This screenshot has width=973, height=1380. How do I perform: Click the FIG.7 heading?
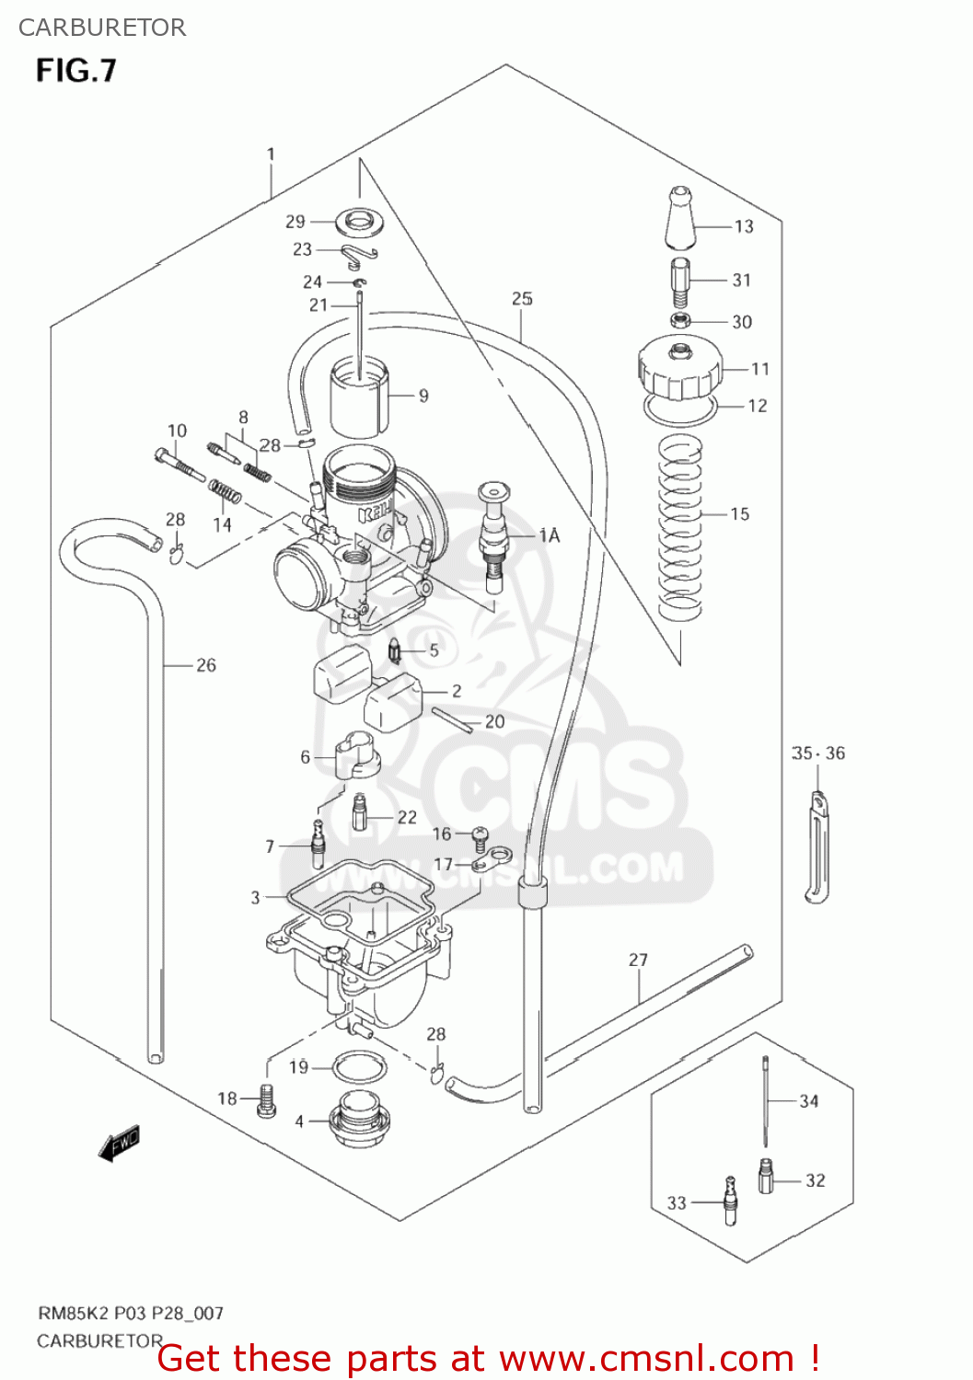(76, 71)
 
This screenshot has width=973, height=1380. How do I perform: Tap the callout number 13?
(744, 226)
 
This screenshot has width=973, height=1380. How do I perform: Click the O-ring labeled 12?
(680, 410)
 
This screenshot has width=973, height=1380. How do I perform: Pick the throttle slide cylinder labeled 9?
(359, 397)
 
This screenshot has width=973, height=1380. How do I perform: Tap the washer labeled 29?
(360, 222)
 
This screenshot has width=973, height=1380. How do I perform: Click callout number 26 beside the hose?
(206, 665)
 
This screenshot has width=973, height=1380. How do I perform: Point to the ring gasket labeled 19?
(359, 1068)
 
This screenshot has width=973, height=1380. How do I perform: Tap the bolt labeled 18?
(266, 1100)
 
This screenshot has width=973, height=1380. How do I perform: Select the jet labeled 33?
(731, 1200)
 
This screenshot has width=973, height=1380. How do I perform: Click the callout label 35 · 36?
(817, 753)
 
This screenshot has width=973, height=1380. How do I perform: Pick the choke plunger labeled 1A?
(494, 534)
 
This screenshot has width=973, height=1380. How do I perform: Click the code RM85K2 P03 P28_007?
(130, 1314)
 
